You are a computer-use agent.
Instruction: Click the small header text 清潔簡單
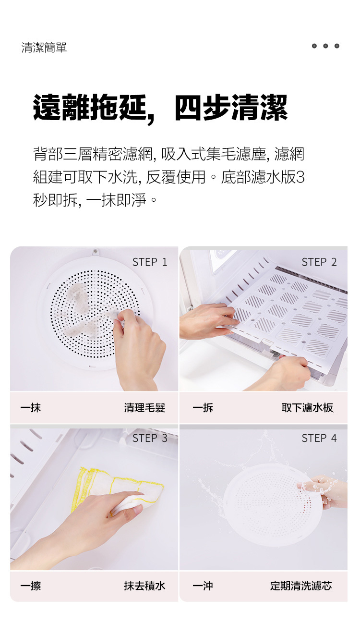pyautogui.click(x=44, y=47)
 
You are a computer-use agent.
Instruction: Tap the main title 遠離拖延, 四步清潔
pyautogui.click(x=160, y=108)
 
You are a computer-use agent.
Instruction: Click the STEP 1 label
pyautogui.click(x=150, y=262)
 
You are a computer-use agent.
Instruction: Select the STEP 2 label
pyautogui.click(x=319, y=262)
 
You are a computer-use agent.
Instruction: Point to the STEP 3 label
pyautogui.click(x=150, y=438)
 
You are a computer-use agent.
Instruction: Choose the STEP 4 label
pyautogui.click(x=319, y=438)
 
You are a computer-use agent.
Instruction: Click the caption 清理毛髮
pyautogui.click(x=144, y=408)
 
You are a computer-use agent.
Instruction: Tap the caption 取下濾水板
pyautogui.click(x=307, y=408)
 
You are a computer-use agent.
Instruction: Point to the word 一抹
pyautogui.click(x=31, y=408)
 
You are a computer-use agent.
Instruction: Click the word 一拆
pyautogui.click(x=203, y=408)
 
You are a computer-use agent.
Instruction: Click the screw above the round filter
pyautogui.click(x=96, y=251)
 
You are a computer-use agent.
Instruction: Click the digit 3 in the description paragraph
pyautogui.click(x=300, y=177)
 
